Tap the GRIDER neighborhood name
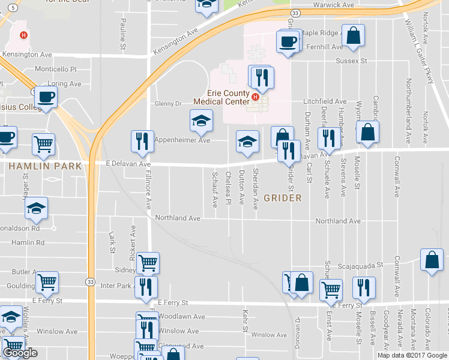click(x=282, y=197)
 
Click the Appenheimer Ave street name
click(x=182, y=140)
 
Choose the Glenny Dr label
click(x=168, y=104)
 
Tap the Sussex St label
click(x=351, y=61)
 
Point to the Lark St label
click(x=112, y=242)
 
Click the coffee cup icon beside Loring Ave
click(x=45, y=97)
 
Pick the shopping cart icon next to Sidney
click(x=148, y=262)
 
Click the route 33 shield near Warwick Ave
click(x=294, y=13)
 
